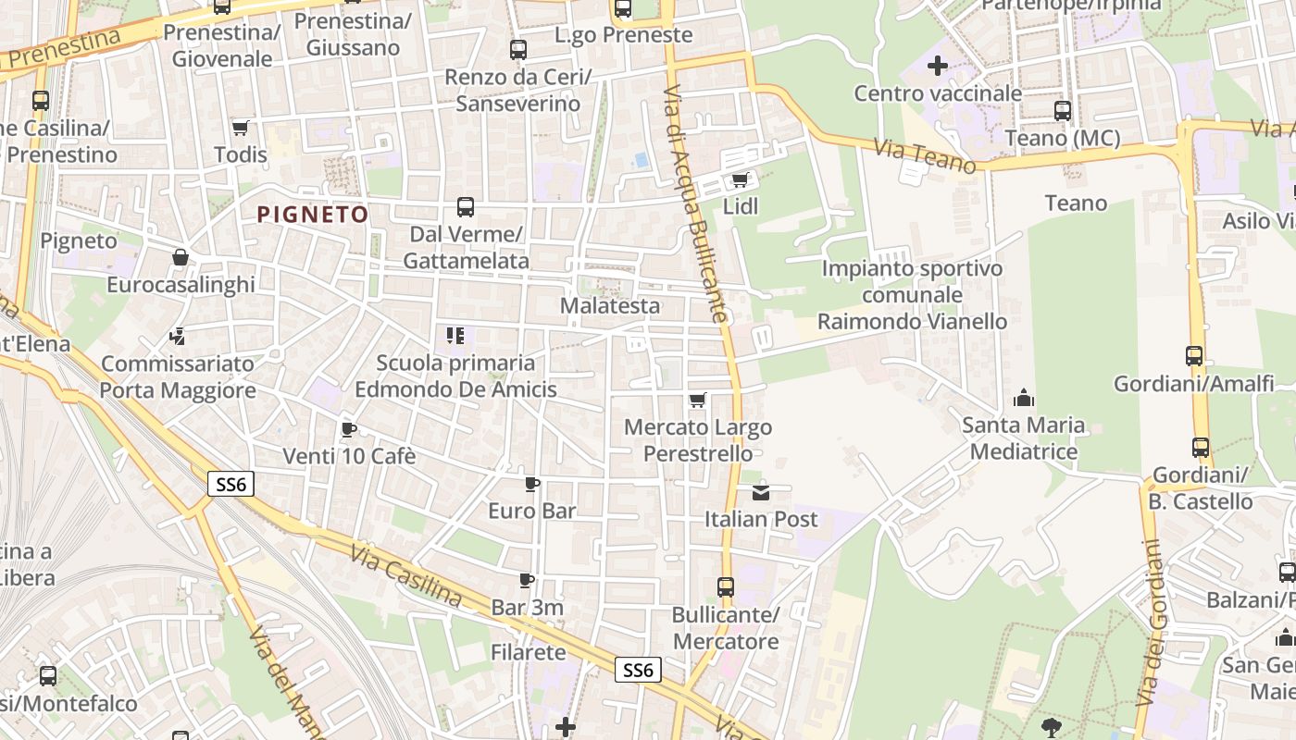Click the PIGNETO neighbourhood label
point(313,215)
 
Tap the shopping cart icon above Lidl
point(739,179)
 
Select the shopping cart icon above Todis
point(241,128)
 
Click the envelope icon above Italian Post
point(761,492)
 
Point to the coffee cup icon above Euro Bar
point(532,484)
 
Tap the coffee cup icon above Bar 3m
point(527,581)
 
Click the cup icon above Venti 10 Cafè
point(349,429)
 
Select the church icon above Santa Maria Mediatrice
point(1024,399)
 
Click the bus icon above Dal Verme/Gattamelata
point(466,207)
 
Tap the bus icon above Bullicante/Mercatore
point(726,587)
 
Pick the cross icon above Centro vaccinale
point(938,66)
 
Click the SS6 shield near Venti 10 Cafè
point(231,484)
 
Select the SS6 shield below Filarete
point(639,670)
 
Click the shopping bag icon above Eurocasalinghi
point(181,257)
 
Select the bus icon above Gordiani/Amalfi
point(1194,356)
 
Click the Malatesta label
point(611,305)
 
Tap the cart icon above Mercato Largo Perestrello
point(697,401)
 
